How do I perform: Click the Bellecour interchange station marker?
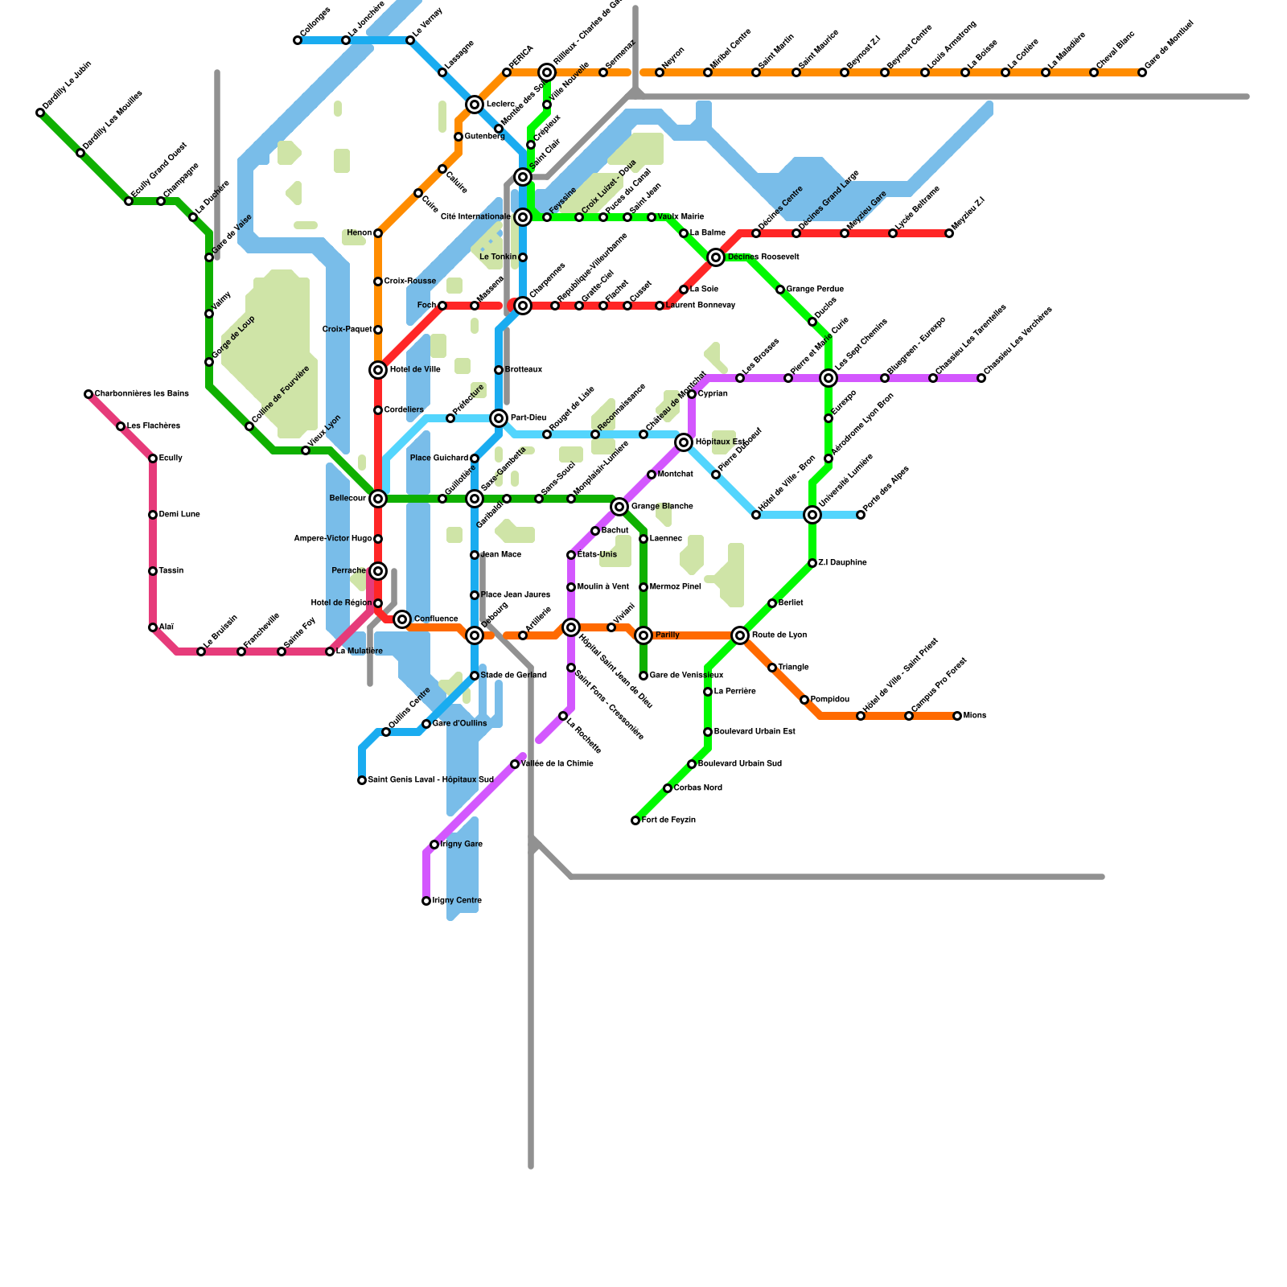378,499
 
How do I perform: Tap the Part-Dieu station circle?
499,418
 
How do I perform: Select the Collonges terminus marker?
298,40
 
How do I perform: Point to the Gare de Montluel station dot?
1142,72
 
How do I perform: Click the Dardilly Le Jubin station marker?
40,113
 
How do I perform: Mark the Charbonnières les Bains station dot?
88,394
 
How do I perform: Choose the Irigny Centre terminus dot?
426,901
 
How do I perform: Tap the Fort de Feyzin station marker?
635,820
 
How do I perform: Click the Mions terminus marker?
957,716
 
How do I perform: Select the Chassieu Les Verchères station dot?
981,378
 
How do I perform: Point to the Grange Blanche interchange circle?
619,507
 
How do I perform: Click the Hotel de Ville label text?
415,370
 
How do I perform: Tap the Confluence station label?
436,619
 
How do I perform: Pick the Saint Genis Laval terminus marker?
362,780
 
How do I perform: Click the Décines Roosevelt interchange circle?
716,257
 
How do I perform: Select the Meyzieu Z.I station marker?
949,233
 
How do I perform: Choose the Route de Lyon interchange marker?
740,635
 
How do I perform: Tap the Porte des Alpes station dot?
861,515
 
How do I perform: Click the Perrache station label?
349,571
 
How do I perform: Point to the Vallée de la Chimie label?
557,764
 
